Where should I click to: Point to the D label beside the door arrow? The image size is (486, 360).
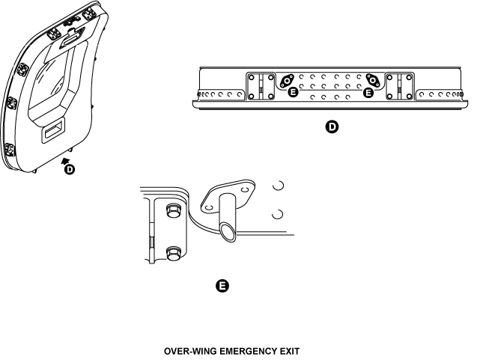coord(70,170)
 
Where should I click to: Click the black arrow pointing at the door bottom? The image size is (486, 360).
coord(67,159)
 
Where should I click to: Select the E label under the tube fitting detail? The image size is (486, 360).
coord(222,287)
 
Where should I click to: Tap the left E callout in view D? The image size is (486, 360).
coord(293,93)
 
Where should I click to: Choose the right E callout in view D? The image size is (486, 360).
coord(368,93)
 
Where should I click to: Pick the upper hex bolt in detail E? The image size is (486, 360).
coord(171,210)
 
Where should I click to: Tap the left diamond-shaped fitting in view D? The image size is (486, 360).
coord(288,81)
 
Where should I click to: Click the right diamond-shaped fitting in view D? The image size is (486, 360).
coord(372,81)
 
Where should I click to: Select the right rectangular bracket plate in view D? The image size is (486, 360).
coord(399,85)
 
